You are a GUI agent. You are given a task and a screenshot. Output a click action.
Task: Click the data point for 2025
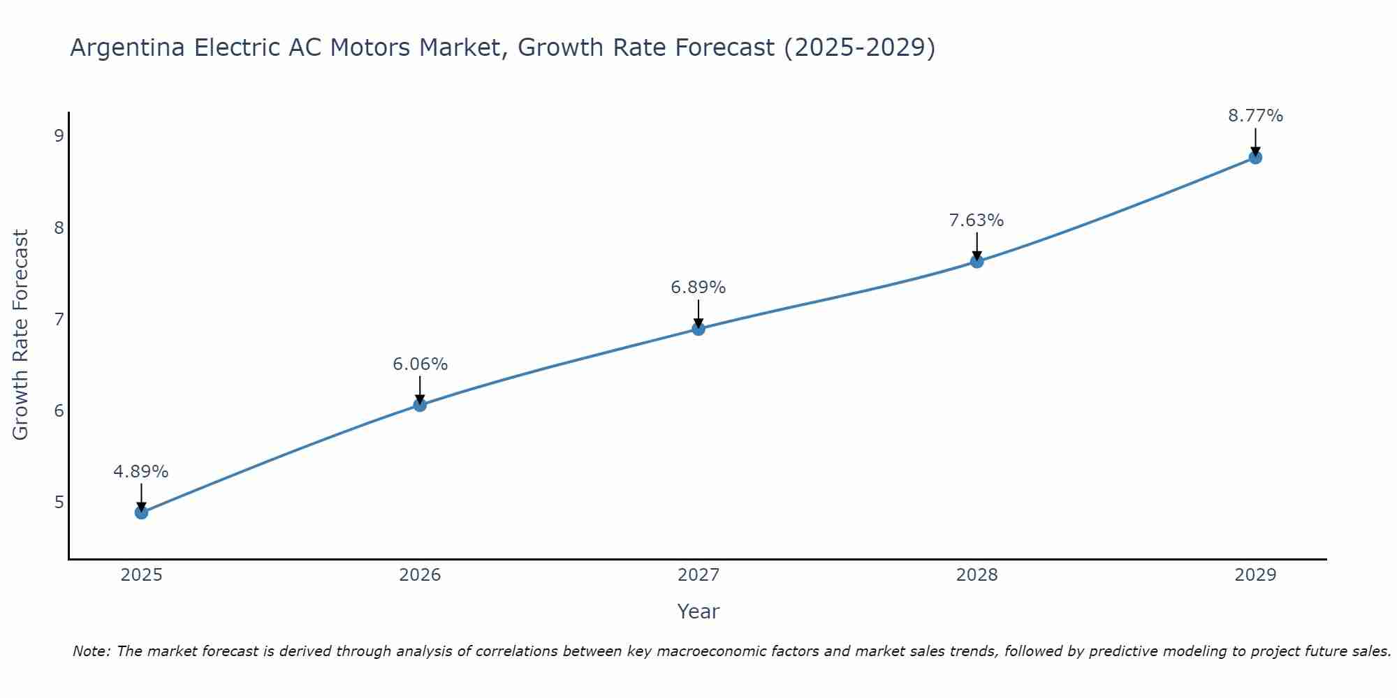point(141,512)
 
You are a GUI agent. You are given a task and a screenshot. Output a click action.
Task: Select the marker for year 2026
point(420,405)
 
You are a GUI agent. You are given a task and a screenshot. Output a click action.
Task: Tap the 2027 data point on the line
point(698,329)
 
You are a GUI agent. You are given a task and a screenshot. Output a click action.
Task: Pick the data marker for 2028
point(977,261)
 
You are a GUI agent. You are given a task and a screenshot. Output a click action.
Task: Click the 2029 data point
point(1255,158)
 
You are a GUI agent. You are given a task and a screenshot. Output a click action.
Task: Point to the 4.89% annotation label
point(141,472)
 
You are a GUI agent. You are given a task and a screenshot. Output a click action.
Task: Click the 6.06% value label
point(420,364)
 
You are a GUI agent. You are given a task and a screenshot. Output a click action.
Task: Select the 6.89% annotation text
point(698,288)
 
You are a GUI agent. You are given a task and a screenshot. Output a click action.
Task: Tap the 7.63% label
point(977,221)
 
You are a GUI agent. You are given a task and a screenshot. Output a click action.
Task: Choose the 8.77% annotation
point(1255,116)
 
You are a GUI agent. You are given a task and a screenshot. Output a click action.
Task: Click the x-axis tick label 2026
point(420,575)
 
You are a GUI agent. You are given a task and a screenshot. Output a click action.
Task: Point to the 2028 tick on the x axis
point(977,575)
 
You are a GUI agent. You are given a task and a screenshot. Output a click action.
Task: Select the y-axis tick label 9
point(59,135)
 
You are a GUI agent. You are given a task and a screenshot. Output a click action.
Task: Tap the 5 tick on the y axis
point(59,502)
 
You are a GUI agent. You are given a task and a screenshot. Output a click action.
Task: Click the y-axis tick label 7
point(59,319)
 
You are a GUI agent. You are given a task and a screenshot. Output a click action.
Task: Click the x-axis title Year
point(698,611)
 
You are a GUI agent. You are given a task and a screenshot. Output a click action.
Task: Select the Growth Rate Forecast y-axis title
point(21,335)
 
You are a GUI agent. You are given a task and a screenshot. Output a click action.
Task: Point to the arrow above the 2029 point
point(1255,142)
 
